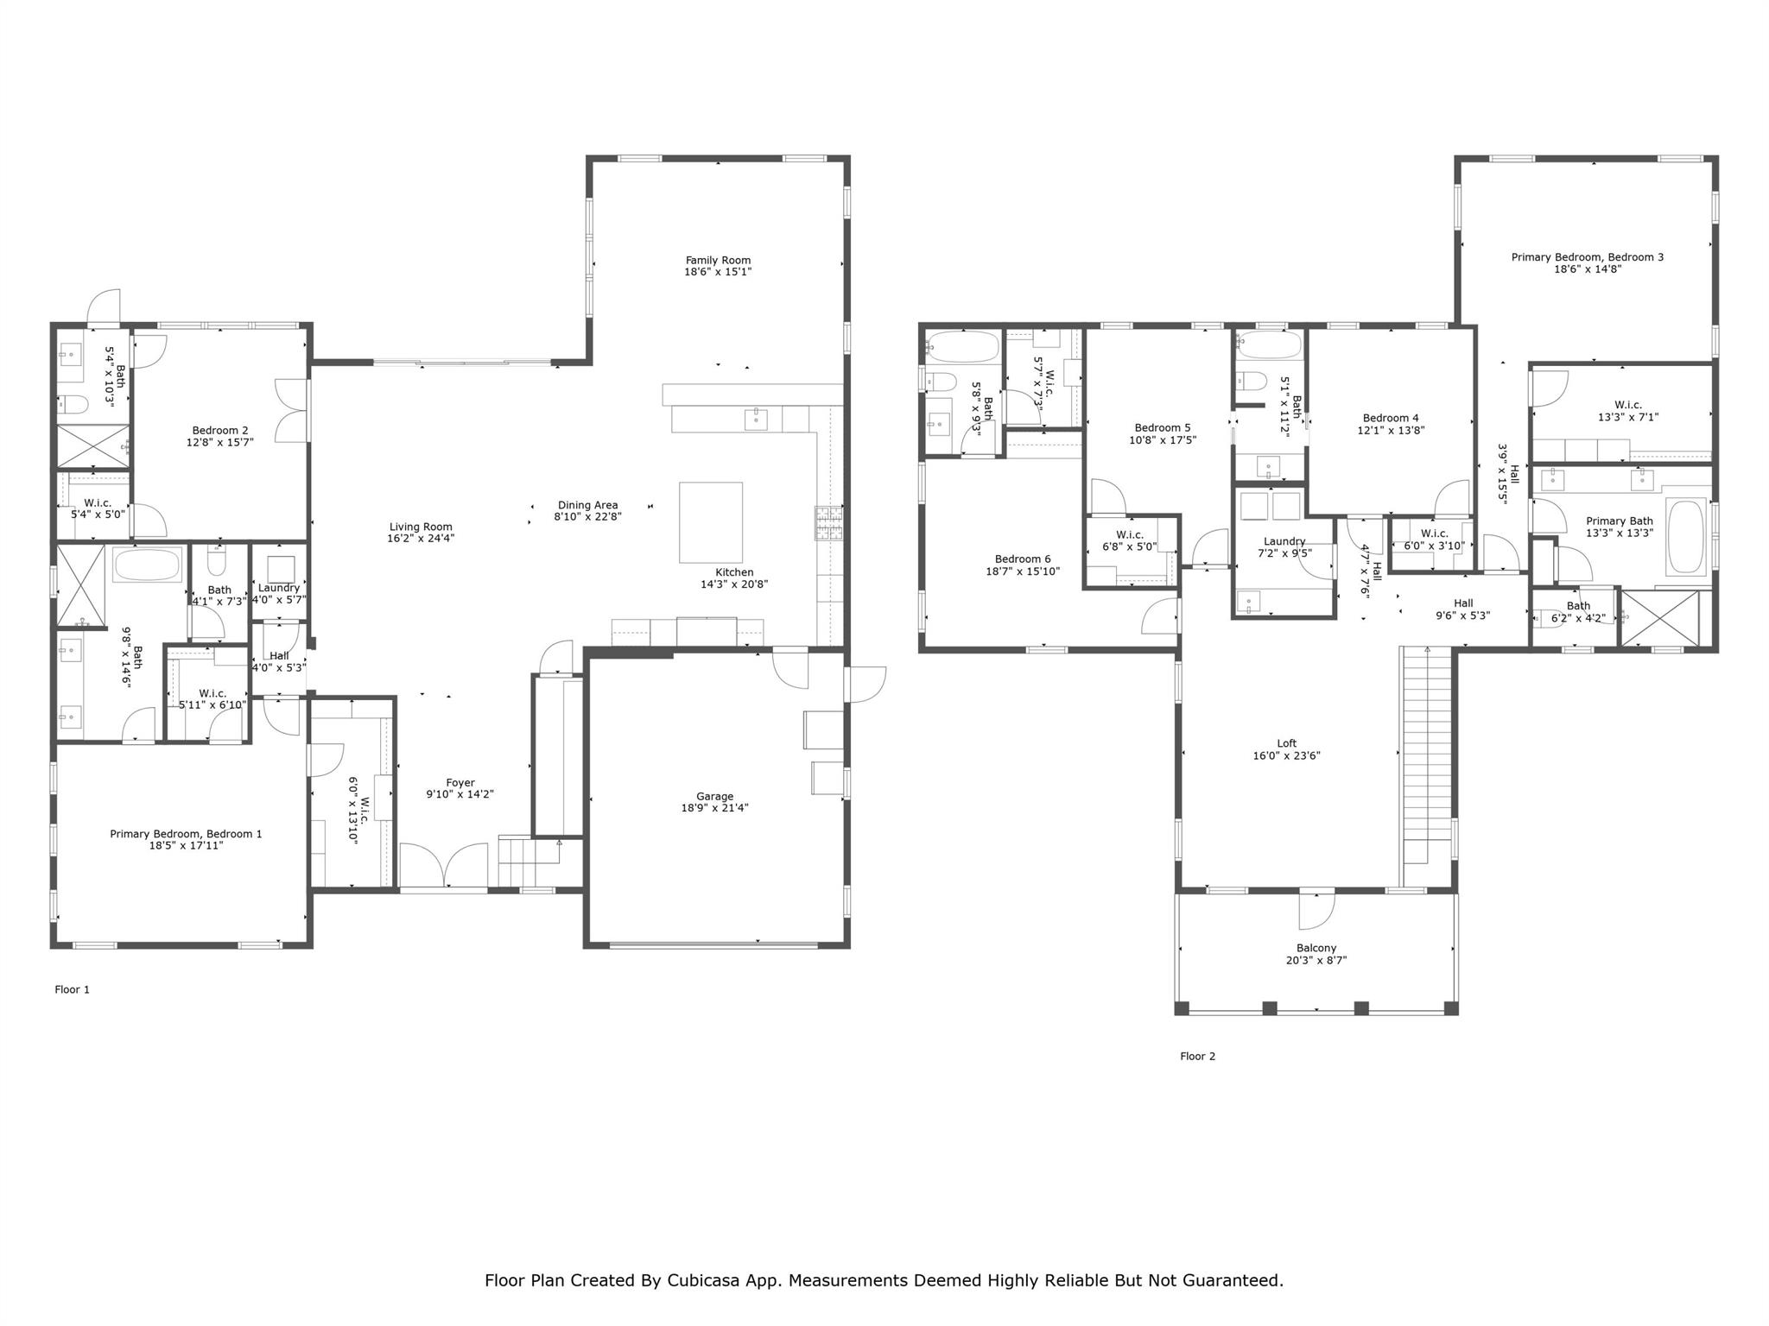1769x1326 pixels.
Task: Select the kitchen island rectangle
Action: coord(711,523)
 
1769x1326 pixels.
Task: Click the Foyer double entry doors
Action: coord(444,865)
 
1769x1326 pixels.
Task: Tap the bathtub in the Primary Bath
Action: coord(1685,537)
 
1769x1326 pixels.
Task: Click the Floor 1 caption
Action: coord(73,989)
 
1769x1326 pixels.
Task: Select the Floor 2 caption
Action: coord(1198,1056)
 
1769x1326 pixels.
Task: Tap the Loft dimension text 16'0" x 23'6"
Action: coord(1287,755)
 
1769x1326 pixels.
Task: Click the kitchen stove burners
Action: coord(827,523)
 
